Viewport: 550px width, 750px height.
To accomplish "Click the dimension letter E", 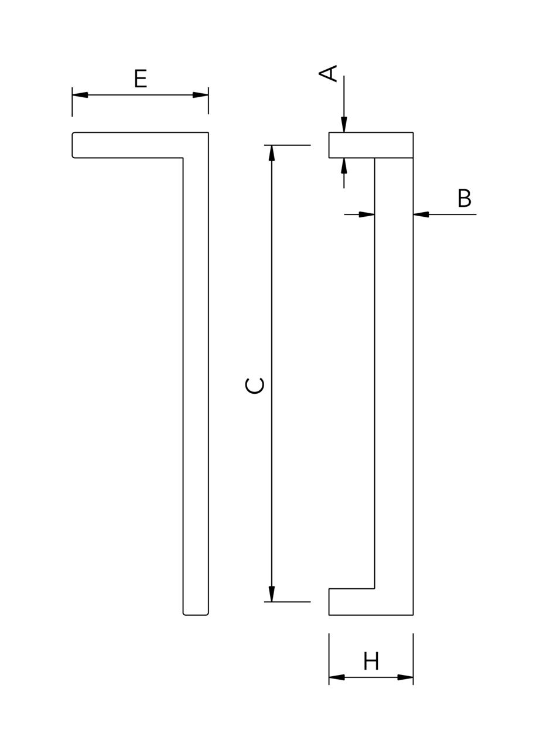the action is pos(140,79).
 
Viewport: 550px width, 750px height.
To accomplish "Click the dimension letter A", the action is pos(328,73).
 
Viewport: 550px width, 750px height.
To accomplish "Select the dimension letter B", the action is pos(464,199).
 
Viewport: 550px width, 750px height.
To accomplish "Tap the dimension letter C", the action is pos(254,386).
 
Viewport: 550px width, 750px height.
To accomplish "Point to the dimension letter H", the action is pos(371,662).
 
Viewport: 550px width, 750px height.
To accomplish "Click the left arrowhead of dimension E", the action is pos(80,95).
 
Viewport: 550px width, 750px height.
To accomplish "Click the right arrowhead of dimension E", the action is pos(200,95).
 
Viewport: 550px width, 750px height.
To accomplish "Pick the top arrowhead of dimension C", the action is pos(272,153).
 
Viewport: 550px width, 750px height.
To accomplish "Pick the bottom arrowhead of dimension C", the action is pos(272,594).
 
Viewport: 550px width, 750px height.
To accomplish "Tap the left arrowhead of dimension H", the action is pos(337,677).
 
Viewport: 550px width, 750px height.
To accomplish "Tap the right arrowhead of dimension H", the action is pos(405,677).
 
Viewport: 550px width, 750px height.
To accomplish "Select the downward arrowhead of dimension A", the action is pos(344,125).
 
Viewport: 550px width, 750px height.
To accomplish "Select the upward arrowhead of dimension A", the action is pos(344,166).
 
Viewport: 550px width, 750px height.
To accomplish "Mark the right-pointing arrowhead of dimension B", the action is pos(367,214).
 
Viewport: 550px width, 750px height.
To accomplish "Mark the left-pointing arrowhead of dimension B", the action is pos(421,214).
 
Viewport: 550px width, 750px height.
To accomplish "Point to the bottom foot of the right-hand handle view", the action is pos(351,602).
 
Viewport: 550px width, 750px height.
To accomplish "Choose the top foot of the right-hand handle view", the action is pos(351,145).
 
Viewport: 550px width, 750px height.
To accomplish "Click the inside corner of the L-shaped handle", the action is pos(183,158).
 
